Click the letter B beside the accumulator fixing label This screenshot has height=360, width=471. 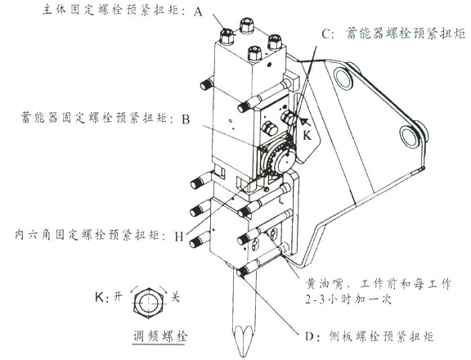click(186, 119)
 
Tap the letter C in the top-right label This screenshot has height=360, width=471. click(326, 34)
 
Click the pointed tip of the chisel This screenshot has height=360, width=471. click(244, 350)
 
